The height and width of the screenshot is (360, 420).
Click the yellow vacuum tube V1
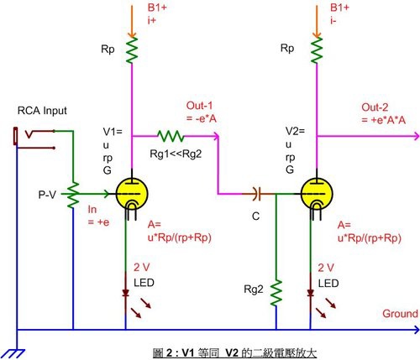click(132, 194)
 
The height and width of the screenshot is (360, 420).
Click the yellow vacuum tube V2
click(317, 194)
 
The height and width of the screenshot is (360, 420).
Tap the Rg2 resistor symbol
click(276, 292)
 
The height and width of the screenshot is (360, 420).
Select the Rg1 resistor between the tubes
click(171, 136)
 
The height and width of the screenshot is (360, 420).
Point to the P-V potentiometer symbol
click(73, 194)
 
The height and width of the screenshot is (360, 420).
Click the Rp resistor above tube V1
click(132, 50)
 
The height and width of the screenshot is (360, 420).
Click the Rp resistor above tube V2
click(317, 50)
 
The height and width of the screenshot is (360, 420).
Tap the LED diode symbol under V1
click(125, 293)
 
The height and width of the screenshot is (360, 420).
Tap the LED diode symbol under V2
click(310, 293)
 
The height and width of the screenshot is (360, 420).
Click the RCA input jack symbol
click(34, 138)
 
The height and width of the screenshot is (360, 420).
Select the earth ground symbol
click(14, 353)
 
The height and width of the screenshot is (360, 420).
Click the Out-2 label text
click(375, 107)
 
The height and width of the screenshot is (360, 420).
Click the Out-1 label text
click(199, 106)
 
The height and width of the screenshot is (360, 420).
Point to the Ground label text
click(400, 314)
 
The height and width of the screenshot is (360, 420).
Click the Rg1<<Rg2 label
click(176, 154)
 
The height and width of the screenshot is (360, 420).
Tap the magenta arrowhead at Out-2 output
click(416, 137)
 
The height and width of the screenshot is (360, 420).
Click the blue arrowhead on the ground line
click(416, 330)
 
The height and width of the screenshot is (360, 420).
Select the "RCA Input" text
click(42, 111)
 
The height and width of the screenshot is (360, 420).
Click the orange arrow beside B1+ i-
click(317, 21)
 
